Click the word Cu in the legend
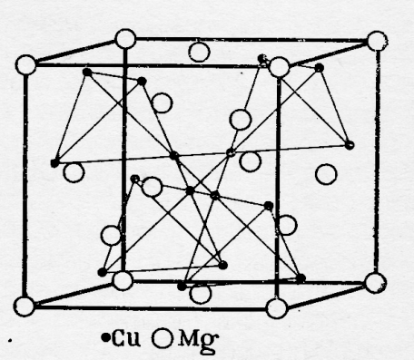(125, 338)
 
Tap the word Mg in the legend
(198, 341)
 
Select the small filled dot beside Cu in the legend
(105, 337)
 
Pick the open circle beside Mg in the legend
(163, 338)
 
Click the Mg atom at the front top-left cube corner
(25, 65)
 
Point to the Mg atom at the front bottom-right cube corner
(277, 308)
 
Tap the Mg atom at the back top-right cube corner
(377, 41)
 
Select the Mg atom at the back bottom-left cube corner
(123, 281)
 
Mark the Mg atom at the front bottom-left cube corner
(25, 306)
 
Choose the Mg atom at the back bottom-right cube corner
(376, 283)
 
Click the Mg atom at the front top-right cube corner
(279, 67)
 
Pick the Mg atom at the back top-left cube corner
(125, 39)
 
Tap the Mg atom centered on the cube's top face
(199, 52)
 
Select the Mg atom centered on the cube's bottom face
(200, 293)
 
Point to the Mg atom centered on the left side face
(74, 172)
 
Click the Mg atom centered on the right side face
(326, 174)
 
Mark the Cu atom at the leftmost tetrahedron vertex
(54, 163)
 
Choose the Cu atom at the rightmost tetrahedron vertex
(350, 145)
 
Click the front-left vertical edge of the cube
(25, 186)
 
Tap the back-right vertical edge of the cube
(377, 161)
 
